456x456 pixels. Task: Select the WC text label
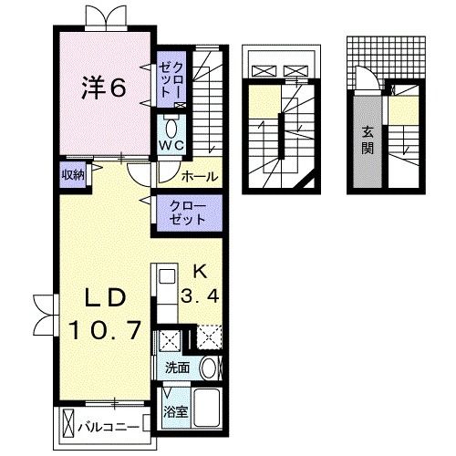(x=172, y=144)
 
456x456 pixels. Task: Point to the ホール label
(x=199, y=176)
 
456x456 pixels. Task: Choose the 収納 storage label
(x=73, y=174)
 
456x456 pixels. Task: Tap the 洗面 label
(x=178, y=368)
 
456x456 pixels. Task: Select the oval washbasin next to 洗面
(x=209, y=368)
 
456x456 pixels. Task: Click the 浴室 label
(x=174, y=411)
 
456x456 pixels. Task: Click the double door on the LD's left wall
(x=41, y=314)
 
